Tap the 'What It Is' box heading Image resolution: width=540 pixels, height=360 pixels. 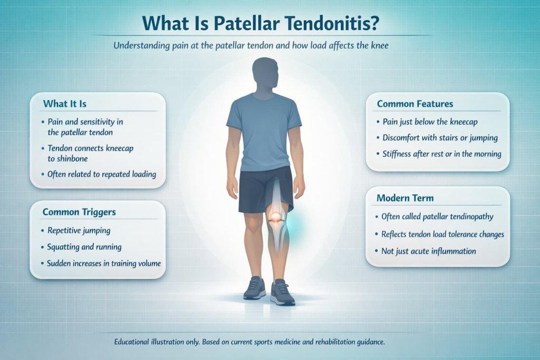tap(65, 103)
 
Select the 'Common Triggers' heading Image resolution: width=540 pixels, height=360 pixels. tap(79, 212)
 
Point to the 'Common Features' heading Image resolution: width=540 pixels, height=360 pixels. tap(415, 104)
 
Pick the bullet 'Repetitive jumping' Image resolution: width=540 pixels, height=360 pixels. tap(79, 230)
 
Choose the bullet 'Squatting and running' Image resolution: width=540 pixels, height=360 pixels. tap(84, 246)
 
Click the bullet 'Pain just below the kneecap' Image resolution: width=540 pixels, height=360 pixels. tap(429, 122)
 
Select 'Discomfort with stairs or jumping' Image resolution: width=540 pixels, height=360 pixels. tap(440, 138)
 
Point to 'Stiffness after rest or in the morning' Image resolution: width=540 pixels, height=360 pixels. tap(441, 154)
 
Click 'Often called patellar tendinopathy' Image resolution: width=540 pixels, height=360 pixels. tap(437, 217)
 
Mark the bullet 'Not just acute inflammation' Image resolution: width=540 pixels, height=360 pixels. tap(429, 251)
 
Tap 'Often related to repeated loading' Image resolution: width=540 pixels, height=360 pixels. tap(102, 174)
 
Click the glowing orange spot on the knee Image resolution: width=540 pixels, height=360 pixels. tap(276, 216)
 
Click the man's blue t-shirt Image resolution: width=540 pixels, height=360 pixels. tap(264, 132)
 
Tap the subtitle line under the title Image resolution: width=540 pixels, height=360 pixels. tap(250, 46)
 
